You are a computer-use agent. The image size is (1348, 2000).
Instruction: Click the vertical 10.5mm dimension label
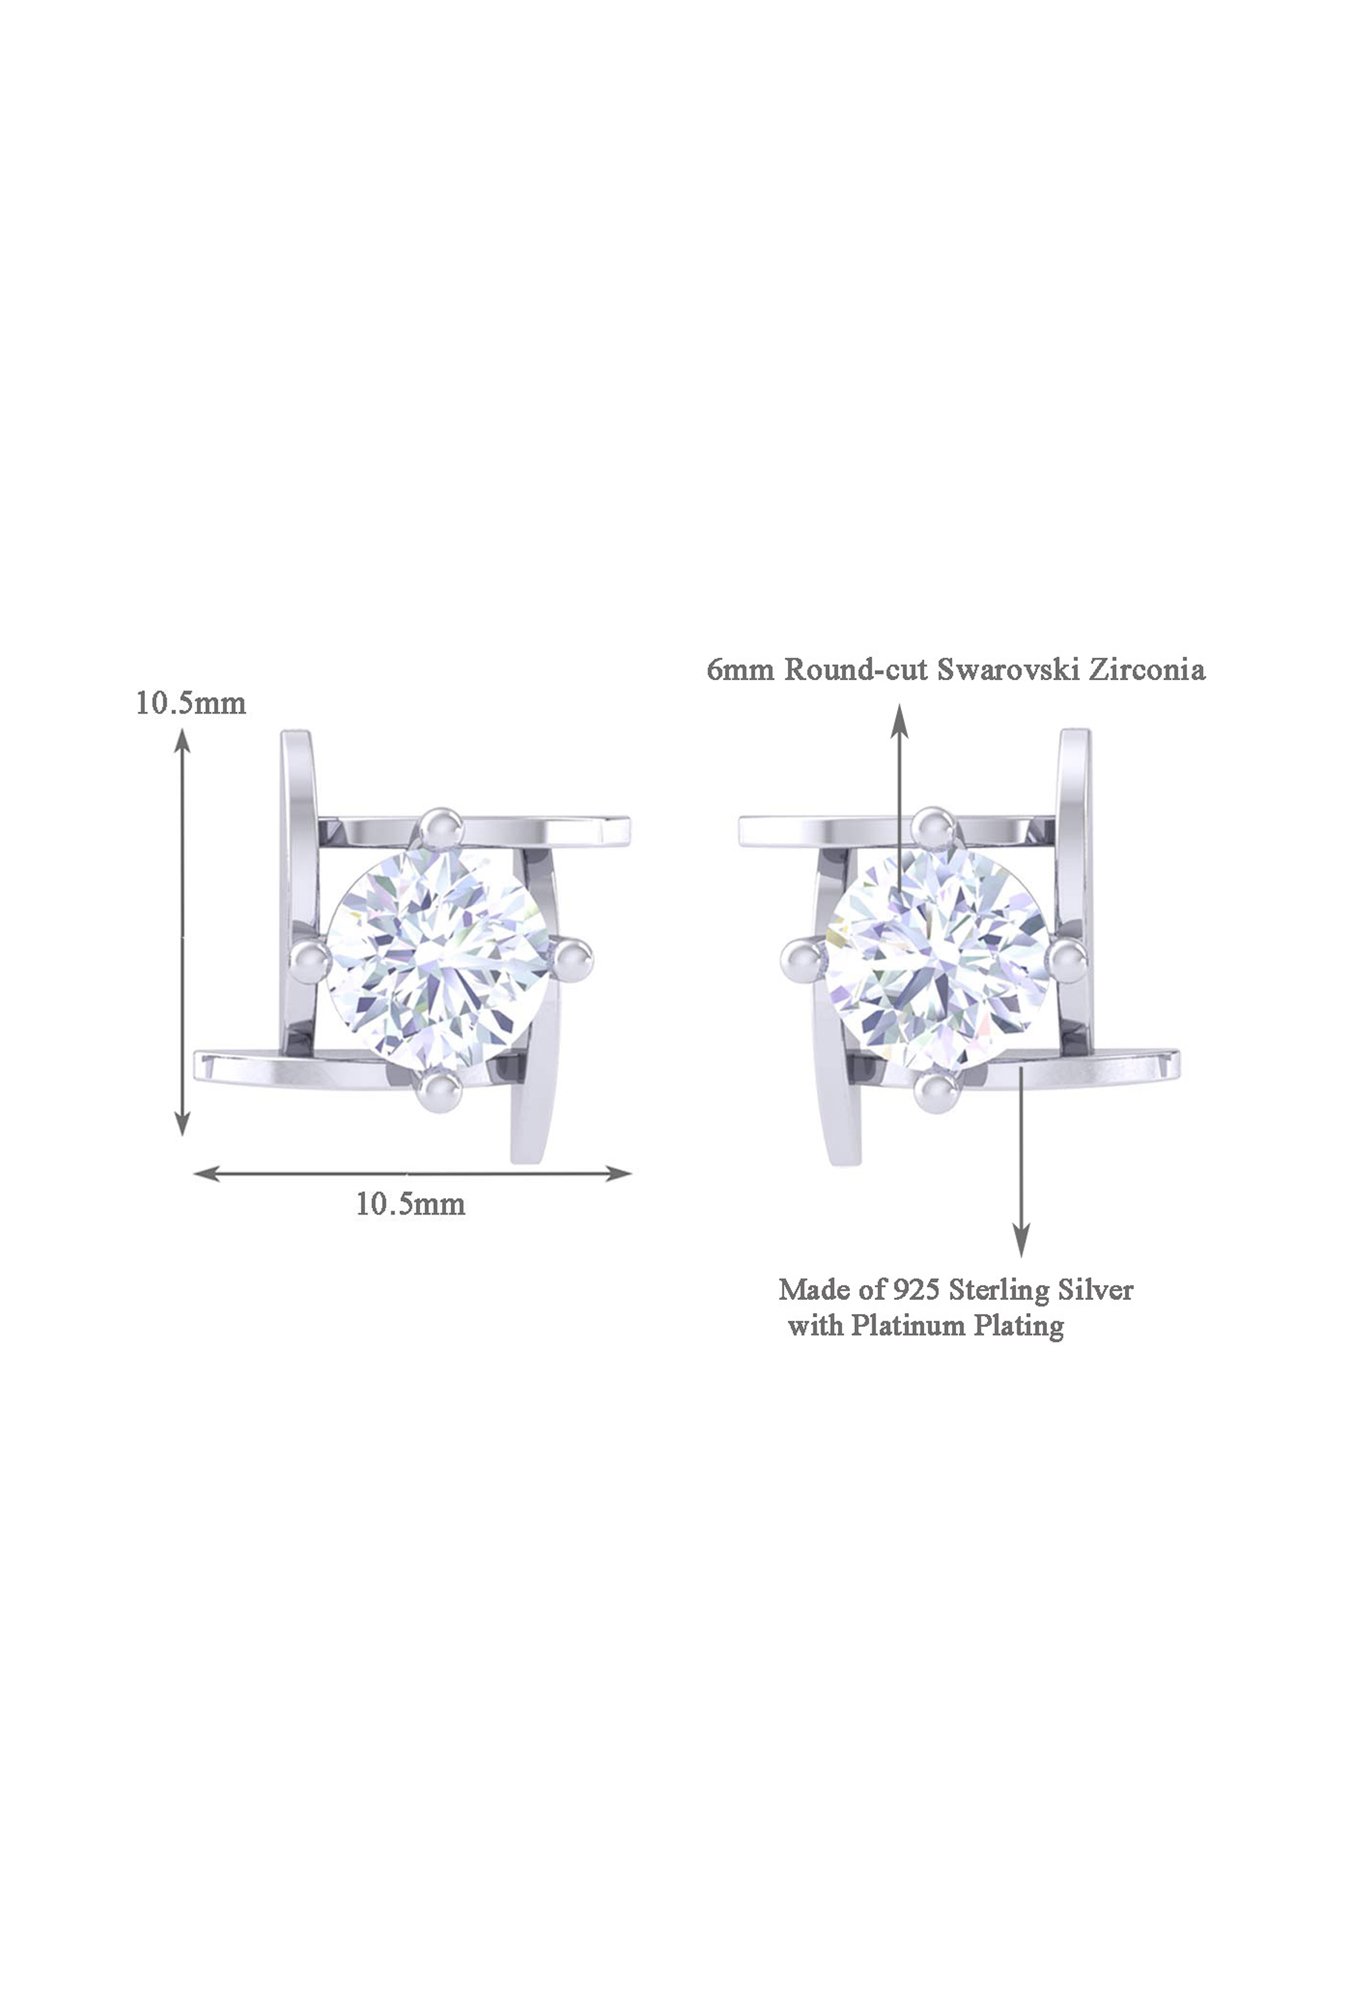click(x=191, y=703)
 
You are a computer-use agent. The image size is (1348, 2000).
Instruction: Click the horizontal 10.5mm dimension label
click(x=410, y=1204)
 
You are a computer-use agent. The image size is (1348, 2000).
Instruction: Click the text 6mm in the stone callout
click(x=741, y=670)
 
